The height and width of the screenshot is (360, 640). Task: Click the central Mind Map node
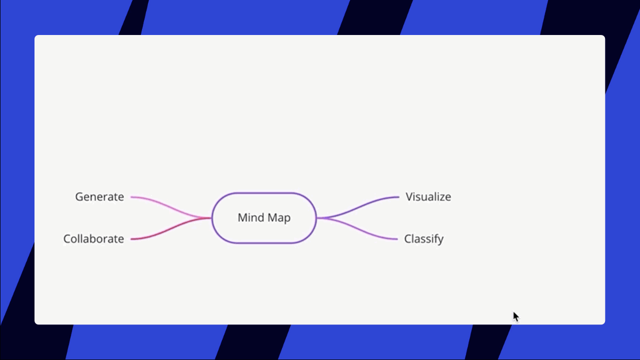pyautogui.click(x=264, y=218)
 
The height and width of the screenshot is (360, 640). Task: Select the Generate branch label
pyautogui.click(x=99, y=197)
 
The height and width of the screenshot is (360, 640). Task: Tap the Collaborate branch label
pyautogui.click(x=93, y=239)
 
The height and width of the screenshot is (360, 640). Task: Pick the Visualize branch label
pyautogui.click(x=428, y=197)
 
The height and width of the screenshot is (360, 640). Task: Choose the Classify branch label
pyautogui.click(x=423, y=239)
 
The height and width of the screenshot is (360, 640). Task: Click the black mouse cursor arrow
pyautogui.click(x=515, y=316)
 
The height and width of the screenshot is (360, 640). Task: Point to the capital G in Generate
pyautogui.click(x=79, y=197)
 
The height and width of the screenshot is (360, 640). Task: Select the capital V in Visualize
pyautogui.click(x=409, y=197)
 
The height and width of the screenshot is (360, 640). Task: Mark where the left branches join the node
pyautogui.click(x=212, y=218)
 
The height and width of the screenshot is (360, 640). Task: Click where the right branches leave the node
pyautogui.click(x=317, y=218)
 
